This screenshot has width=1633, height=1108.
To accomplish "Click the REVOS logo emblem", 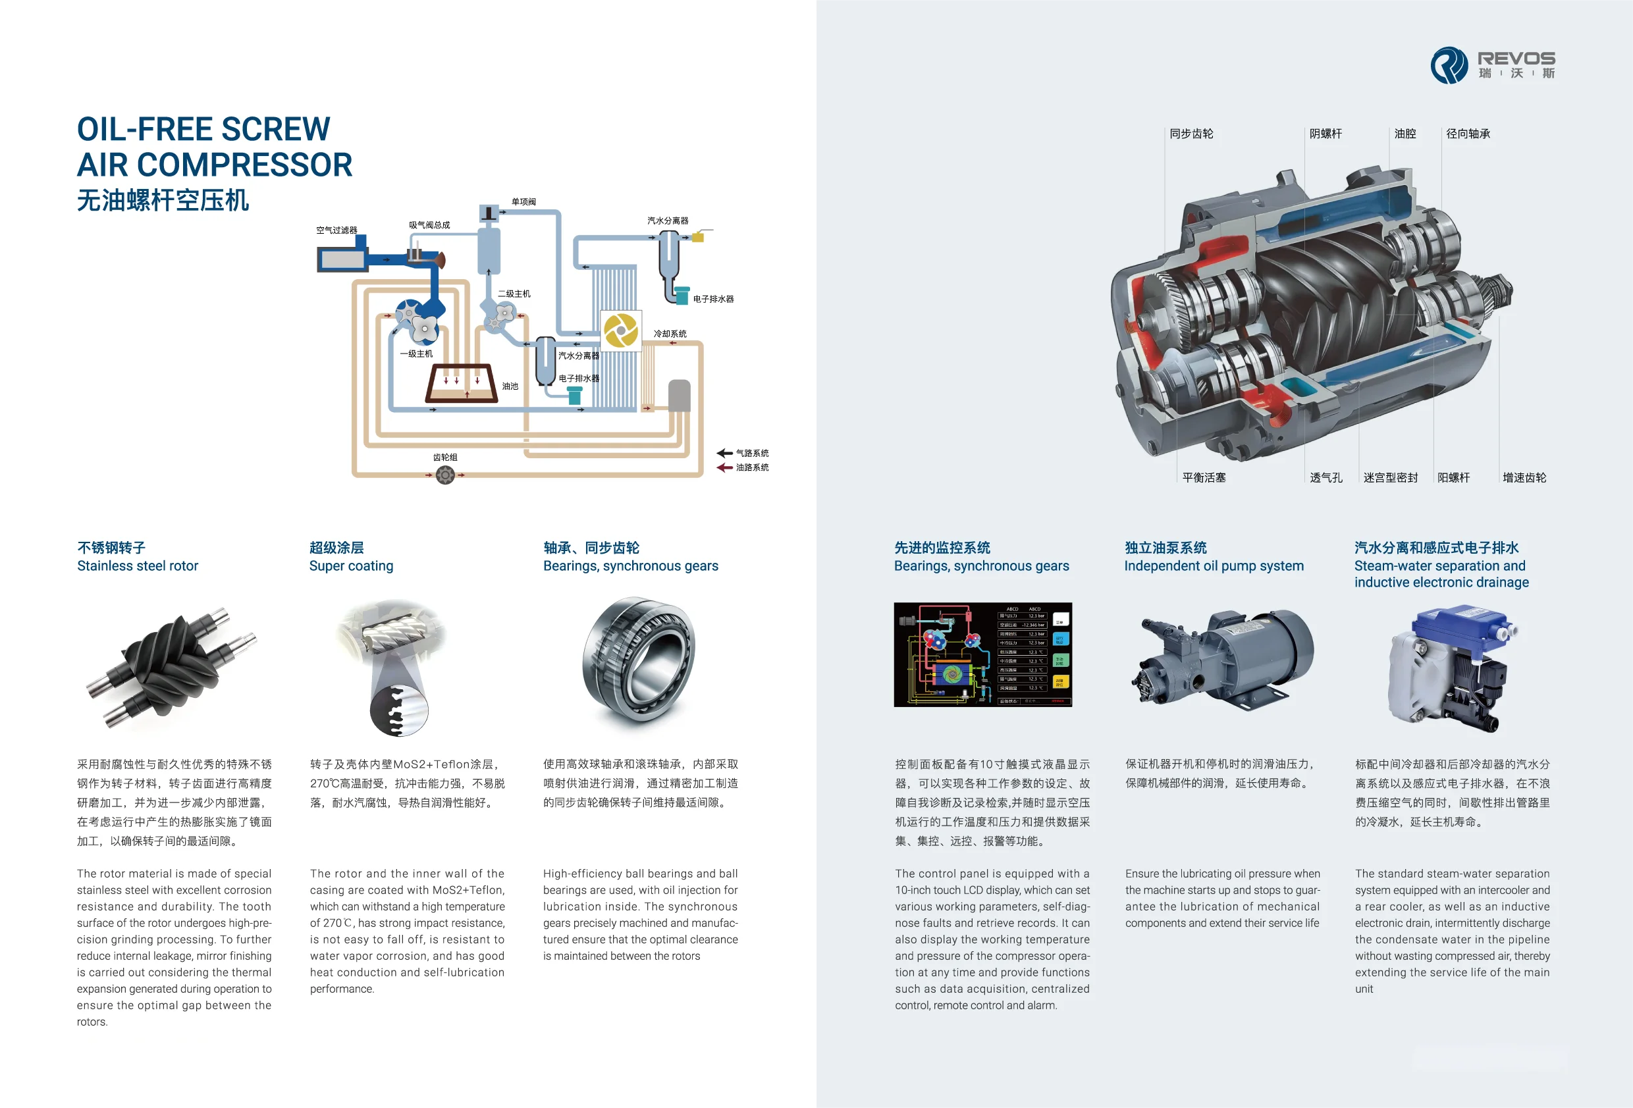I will coord(1449,65).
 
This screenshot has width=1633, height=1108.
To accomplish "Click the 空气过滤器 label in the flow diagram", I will coord(336,230).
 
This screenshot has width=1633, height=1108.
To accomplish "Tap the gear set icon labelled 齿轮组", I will coord(444,476).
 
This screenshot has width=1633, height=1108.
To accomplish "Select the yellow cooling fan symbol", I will coord(620,330).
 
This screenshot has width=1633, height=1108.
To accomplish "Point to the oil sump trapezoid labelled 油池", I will coord(462,384).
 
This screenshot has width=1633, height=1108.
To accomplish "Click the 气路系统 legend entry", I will coord(751,453).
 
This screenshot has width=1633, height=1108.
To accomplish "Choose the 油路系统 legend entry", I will coord(751,467).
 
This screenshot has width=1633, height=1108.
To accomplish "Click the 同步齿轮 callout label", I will coord(1191,134).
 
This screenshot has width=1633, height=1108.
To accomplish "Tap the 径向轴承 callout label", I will coord(1468,134).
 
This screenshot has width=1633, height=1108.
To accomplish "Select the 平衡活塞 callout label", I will coord(1204,478).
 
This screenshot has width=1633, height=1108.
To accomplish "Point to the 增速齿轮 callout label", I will coord(1524,478).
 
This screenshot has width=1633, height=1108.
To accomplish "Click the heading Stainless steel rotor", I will coord(138,566).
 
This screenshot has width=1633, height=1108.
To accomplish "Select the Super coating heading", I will coord(352,566).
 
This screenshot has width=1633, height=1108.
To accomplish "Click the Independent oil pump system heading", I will coord(1214,566).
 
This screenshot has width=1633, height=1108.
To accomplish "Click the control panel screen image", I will coord(982,654).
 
